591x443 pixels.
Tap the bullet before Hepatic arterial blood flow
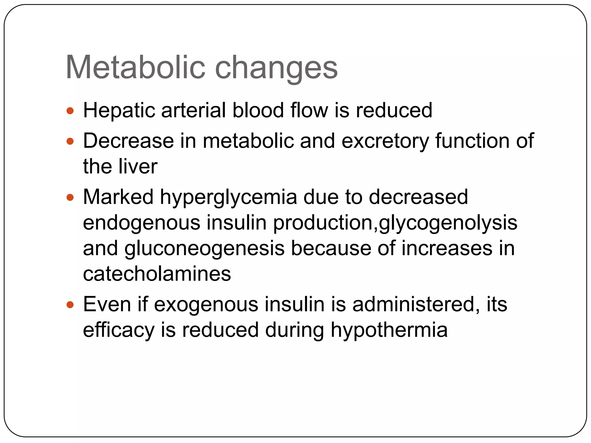70,110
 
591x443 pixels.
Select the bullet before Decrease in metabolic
70,141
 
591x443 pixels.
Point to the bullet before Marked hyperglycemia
70,198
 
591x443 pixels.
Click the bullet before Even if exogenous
70,305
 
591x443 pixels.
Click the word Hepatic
119,110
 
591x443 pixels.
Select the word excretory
385,141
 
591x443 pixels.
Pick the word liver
138,166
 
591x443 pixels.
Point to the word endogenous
141,223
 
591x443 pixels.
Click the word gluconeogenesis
204,249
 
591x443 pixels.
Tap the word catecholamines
157,274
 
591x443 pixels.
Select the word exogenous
206,305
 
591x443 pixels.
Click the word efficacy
119,330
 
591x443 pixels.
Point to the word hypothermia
389,330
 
